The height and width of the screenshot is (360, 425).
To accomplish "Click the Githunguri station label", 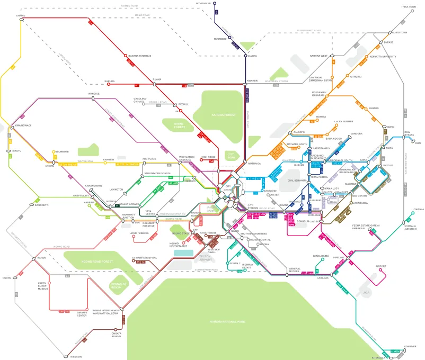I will pos(203,3).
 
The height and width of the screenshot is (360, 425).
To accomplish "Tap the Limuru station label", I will pos(21,16).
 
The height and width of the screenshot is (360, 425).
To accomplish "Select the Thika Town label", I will pos(409,7).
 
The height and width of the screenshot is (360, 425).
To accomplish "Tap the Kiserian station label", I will pos(76,357).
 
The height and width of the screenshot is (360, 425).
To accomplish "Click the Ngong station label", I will pos(7,277).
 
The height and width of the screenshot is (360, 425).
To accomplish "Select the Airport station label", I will pos(380,266).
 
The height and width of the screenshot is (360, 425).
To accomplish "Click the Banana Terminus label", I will pos(140,55).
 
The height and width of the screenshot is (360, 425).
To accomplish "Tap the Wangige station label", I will pos(94,94).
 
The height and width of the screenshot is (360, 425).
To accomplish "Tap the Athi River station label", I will pos(410,346).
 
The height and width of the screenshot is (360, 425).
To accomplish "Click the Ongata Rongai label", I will pos(117,335).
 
